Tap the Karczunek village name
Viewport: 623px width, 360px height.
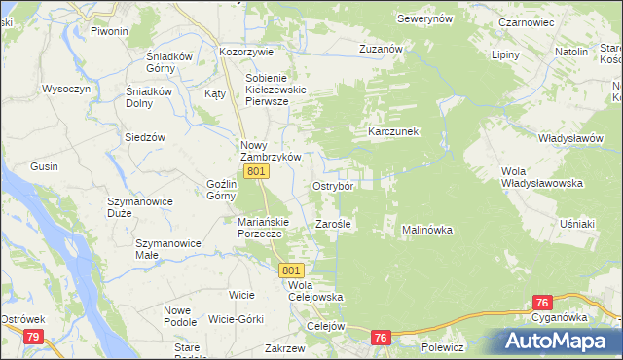click(392, 131)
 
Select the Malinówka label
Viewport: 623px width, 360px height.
click(427, 230)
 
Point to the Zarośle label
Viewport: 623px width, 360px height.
click(333, 225)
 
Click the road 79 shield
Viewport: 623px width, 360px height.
click(33, 337)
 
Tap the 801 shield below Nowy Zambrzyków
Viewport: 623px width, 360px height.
click(256, 171)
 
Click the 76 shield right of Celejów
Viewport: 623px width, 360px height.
click(381, 337)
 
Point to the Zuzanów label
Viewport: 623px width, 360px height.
click(380, 48)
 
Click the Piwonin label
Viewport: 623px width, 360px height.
click(109, 31)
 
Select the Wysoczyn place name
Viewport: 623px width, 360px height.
click(66, 89)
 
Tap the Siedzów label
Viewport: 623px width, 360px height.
click(143, 137)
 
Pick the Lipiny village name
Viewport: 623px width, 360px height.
click(506, 55)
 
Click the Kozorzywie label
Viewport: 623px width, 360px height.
click(247, 51)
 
